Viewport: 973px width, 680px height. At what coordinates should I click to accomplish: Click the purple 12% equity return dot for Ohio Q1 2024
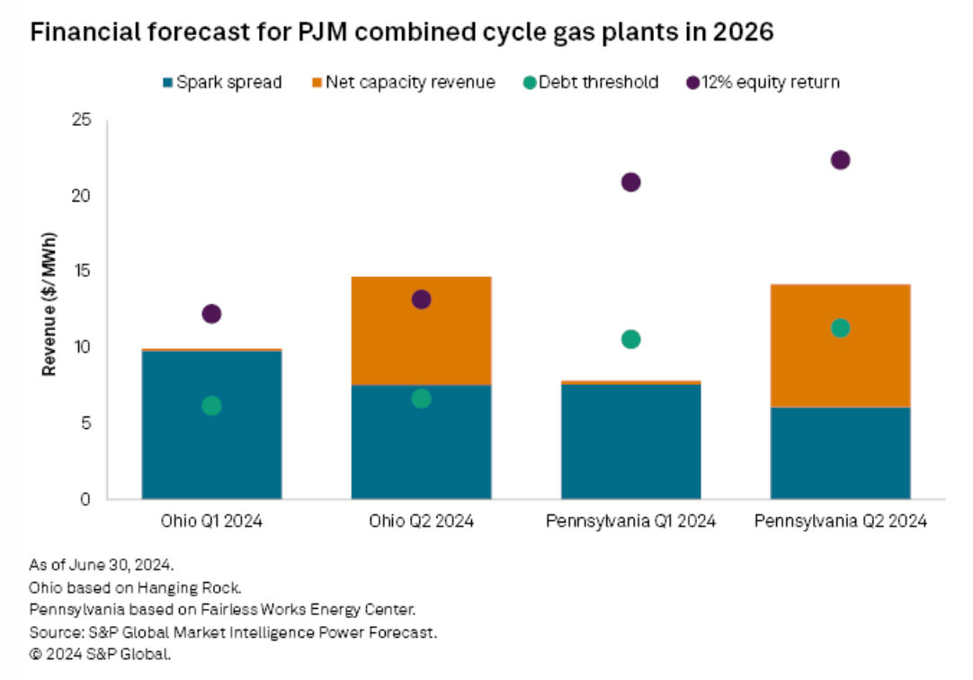pos(211,314)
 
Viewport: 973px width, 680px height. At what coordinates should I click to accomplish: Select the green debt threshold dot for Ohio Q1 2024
pos(211,406)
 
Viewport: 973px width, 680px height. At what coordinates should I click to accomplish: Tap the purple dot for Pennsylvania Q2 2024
pos(840,160)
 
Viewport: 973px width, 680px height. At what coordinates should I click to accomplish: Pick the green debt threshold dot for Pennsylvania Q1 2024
pos(630,339)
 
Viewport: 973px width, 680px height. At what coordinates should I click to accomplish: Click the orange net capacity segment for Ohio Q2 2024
pos(421,331)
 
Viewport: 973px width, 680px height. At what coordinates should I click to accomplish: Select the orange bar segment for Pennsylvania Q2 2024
pos(840,346)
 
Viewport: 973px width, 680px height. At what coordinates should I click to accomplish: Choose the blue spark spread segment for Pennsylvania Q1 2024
pos(630,441)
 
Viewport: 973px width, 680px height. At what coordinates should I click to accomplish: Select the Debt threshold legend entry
pos(592,83)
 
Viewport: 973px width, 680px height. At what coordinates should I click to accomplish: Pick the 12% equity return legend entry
pos(763,83)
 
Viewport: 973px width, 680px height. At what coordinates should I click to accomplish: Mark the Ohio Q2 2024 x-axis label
pos(421,521)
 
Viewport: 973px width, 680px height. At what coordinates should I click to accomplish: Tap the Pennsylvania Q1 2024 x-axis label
pos(630,521)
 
